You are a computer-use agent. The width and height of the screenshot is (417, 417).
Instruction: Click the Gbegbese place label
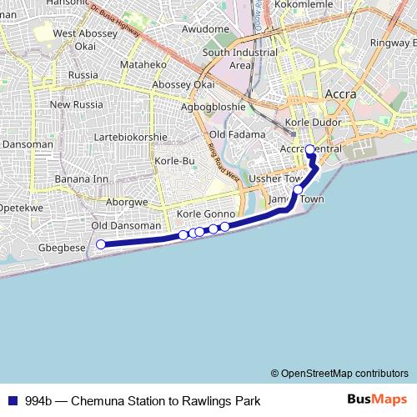point(63,248)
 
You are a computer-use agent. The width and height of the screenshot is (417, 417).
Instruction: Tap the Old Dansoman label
point(126,226)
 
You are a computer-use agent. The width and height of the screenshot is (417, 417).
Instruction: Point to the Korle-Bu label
point(174,160)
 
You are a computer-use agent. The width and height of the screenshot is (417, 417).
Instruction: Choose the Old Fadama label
point(238,134)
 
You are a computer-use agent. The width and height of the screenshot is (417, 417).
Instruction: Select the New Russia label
point(76,105)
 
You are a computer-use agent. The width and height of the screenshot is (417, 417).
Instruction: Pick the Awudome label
point(205,29)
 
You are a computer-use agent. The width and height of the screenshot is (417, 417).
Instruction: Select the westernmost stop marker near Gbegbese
point(101,244)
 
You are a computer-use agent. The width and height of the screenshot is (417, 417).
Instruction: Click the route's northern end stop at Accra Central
point(310,150)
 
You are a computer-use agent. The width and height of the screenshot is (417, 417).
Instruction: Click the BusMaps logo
point(378,399)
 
